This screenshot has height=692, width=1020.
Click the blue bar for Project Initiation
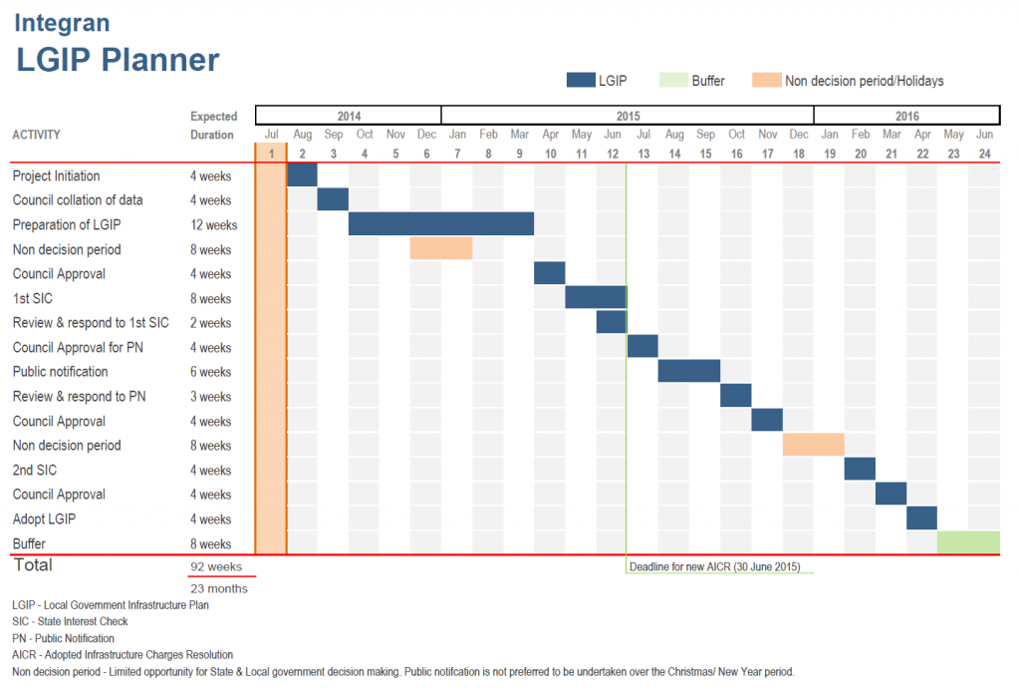click(x=302, y=175)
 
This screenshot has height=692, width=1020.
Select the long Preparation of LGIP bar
click(x=441, y=224)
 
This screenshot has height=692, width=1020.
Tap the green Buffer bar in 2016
click(x=968, y=543)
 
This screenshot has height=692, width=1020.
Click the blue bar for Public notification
click(x=689, y=371)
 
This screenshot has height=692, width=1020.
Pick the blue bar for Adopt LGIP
click(x=921, y=519)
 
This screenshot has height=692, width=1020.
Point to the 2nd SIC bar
click(x=860, y=470)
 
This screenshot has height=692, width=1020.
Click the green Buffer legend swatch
click(x=665, y=81)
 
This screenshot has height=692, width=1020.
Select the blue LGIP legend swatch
click(x=580, y=81)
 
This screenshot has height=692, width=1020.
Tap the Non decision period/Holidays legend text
click(x=864, y=81)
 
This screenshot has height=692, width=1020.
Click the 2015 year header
click(x=627, y=115)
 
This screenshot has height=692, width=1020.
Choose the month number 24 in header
click(x=984, y=153)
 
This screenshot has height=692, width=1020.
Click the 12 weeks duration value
click(x=214, y=224)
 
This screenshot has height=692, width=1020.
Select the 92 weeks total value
click(x=217, y=566)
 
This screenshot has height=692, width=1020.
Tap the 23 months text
click(x=219, y=588)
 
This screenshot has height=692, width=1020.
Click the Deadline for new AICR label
click(x=714, y=566)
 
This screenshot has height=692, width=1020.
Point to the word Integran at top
click(x=62, y=23)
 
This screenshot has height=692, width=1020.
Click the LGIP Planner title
click(x=118, y=59)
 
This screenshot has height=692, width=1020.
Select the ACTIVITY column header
click(x=37, y=135)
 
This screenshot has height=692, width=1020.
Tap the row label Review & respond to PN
click(x=80, y=396)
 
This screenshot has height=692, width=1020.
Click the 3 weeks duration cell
click(x=211, y=396)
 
